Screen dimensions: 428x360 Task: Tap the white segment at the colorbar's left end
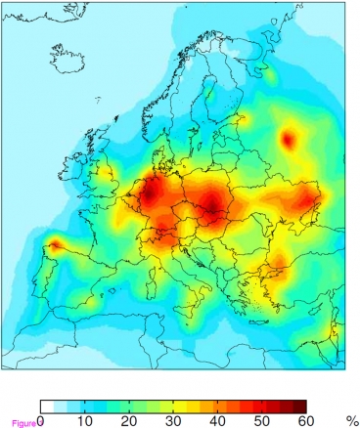[47, 406]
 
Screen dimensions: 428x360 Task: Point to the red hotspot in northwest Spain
[56, 245]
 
